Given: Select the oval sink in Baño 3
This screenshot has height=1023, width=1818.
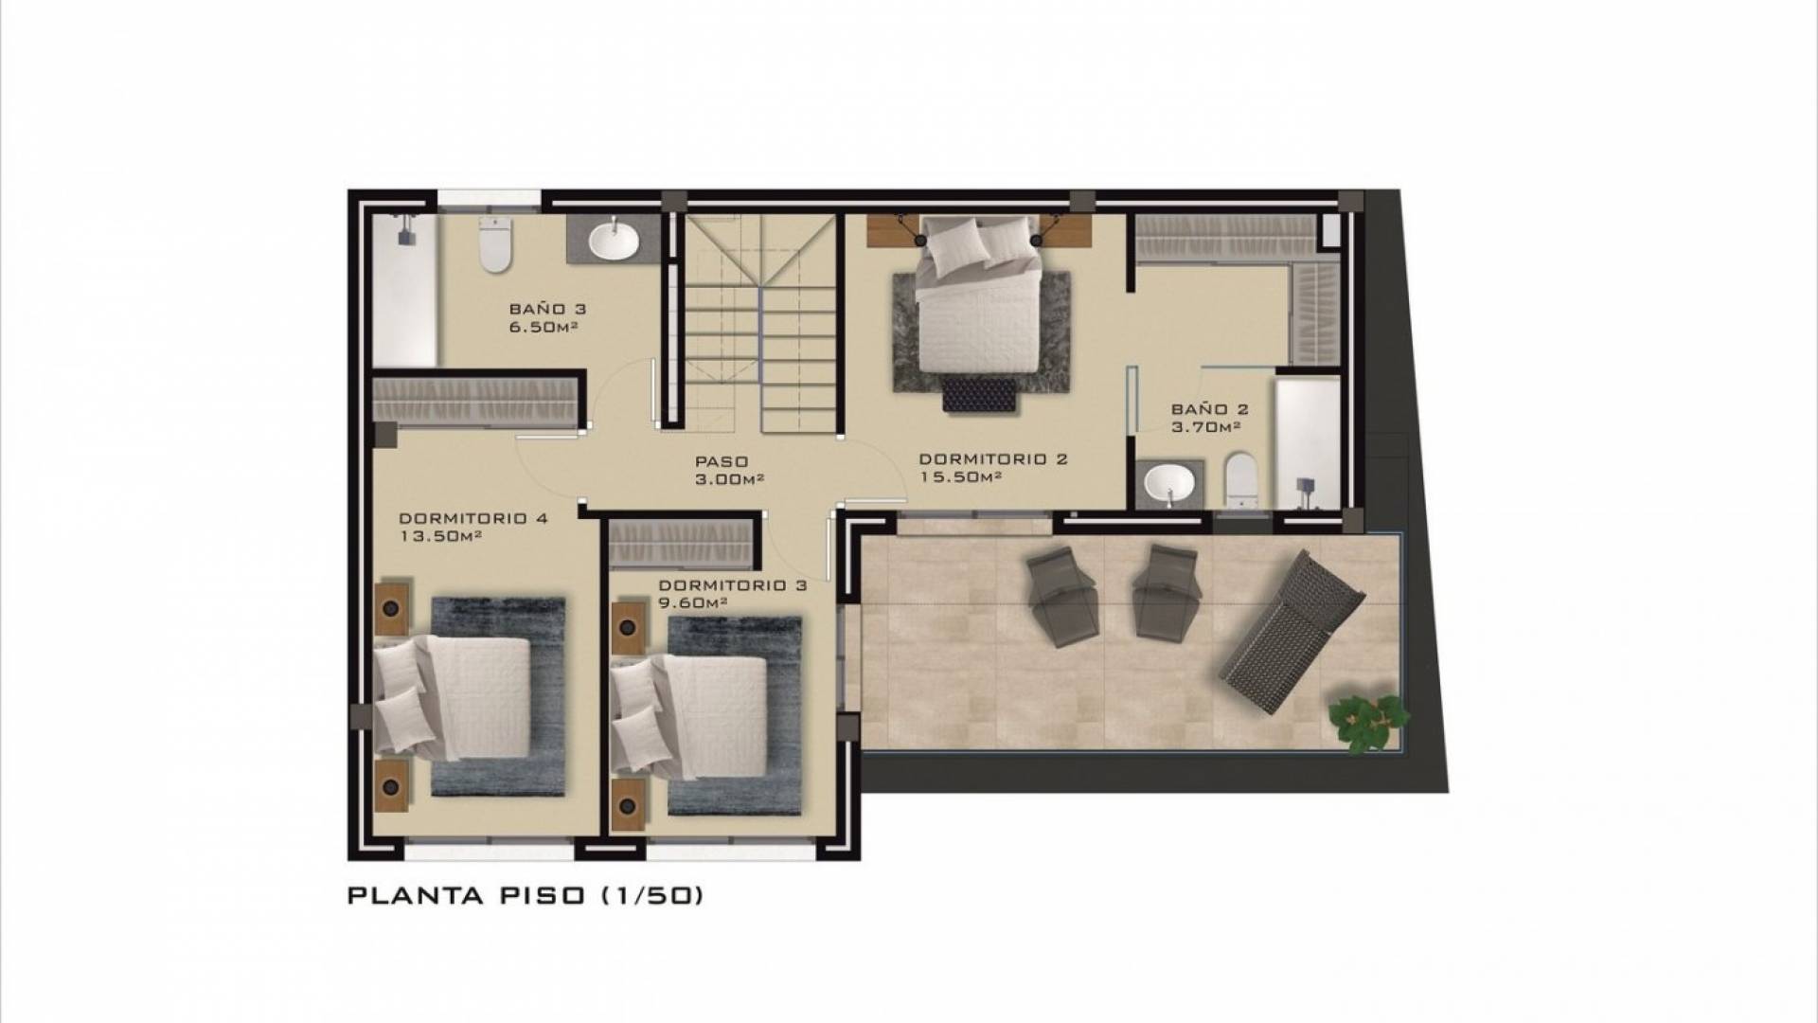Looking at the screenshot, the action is coord(615,241).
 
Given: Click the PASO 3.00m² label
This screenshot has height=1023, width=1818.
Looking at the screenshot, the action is coord(729,470).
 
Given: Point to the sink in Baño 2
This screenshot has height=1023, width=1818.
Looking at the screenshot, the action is coord(1169,482).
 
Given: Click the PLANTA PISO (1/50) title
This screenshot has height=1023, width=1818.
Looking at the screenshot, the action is coord(526,895).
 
